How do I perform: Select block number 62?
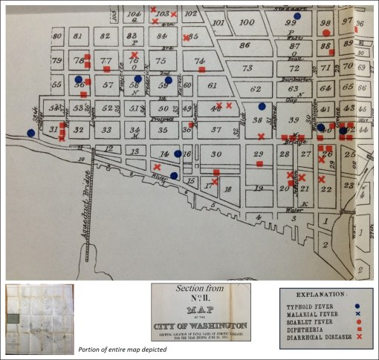pos(256,89)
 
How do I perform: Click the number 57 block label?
pos(108,85)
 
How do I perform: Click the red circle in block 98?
pos(325,33)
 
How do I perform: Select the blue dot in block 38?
pos(262,106)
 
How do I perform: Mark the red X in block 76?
pos(134,54)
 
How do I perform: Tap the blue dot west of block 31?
pos(30,133)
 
